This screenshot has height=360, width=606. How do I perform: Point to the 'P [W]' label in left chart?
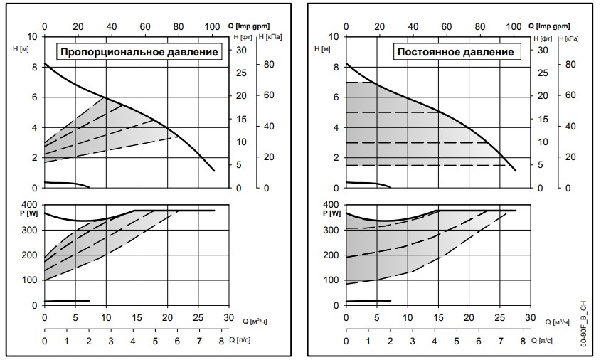coord(31,211)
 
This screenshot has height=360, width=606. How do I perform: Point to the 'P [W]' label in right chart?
coord(332,211)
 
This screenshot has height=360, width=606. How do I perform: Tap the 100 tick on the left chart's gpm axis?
coord(212,26)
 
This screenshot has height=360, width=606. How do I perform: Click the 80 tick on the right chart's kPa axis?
coord(568,65)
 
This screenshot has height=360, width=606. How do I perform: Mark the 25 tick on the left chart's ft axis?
coord(241,73)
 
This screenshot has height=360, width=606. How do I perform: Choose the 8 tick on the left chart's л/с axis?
coord(221,342)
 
